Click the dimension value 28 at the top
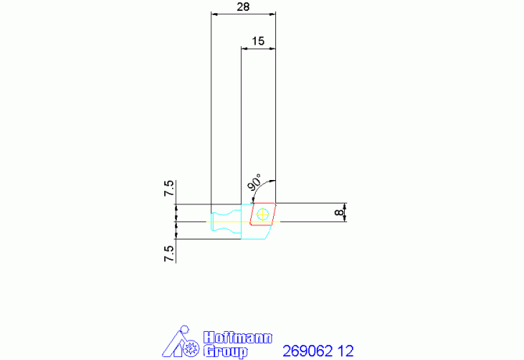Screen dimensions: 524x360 (243, 7)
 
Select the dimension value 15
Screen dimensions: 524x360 (257, 41)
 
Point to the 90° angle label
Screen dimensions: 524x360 (255, 182)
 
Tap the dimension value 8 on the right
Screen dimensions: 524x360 (339, 212)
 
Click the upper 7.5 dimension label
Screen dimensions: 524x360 (169, 189)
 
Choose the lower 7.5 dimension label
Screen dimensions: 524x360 (169, 254)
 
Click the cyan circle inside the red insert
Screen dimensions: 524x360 (263, 214)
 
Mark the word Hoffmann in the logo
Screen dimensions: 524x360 (238, 337)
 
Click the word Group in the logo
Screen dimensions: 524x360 (225, 352)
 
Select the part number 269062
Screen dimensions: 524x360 (308, 351)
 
